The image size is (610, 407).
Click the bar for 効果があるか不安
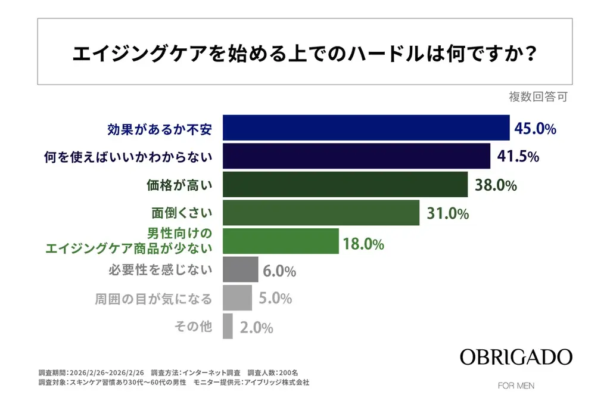coord(366,128)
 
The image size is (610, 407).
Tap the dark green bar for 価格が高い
coord(345,185)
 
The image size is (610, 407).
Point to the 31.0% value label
coord(447,213)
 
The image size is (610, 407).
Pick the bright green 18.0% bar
coord(281,241)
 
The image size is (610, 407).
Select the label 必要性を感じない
coord(160,270)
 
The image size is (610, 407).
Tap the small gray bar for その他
coord(228,327)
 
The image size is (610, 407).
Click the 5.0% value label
coord(274,299)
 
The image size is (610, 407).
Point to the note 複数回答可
coord(538,97)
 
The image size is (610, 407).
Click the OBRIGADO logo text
coord(516,358)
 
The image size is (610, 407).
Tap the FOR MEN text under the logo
coord(516,386)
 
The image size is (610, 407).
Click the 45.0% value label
coord(536,129)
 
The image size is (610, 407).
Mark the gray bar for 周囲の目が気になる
coord(237,298)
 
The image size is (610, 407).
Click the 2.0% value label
coord(256,327)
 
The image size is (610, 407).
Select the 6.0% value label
coord(279,271)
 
